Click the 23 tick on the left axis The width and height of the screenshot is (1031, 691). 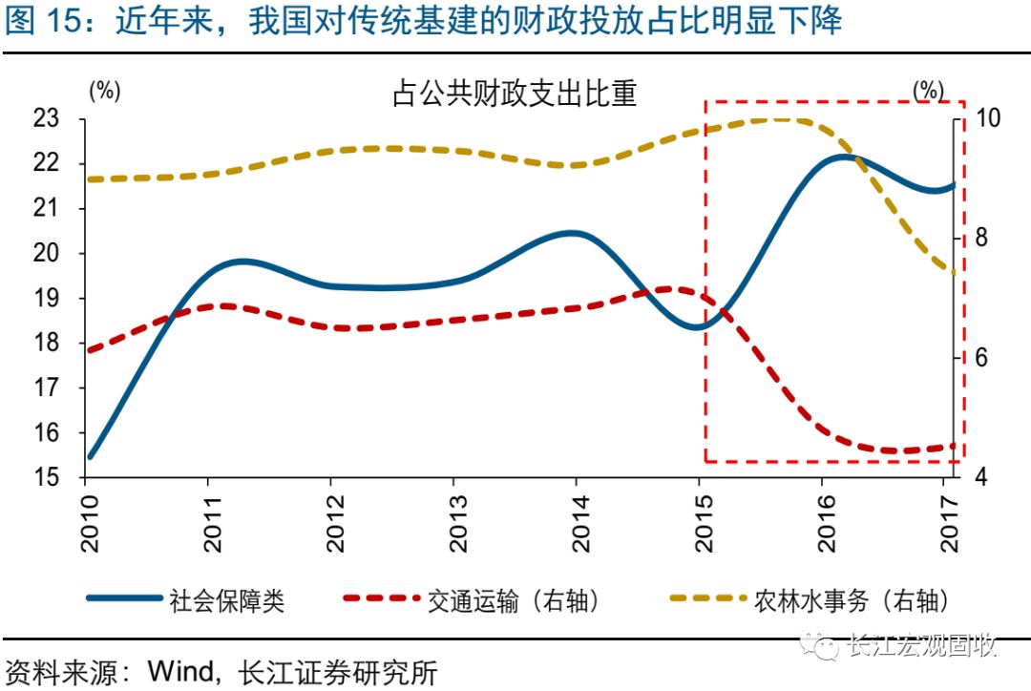click(46, 119)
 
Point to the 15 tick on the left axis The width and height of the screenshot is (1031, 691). click(46, 477)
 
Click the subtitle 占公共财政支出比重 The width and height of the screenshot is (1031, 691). click(515, 94)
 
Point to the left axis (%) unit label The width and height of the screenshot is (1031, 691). click(105, 91)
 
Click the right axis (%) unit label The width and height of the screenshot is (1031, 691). click(927, 91)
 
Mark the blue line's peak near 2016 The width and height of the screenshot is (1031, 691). click(844, 157)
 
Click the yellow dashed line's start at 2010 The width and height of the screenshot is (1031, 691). click(89, 178)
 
